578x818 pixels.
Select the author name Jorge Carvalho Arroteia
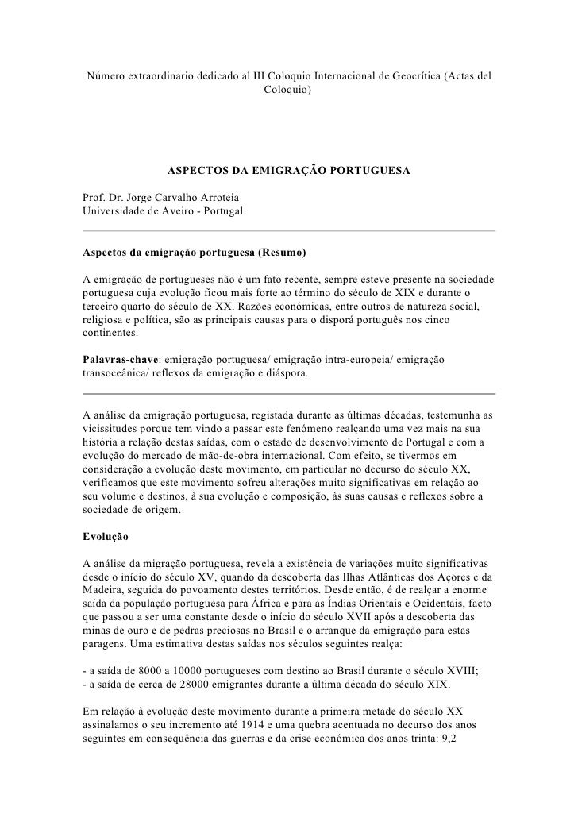[x=171, y=196]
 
